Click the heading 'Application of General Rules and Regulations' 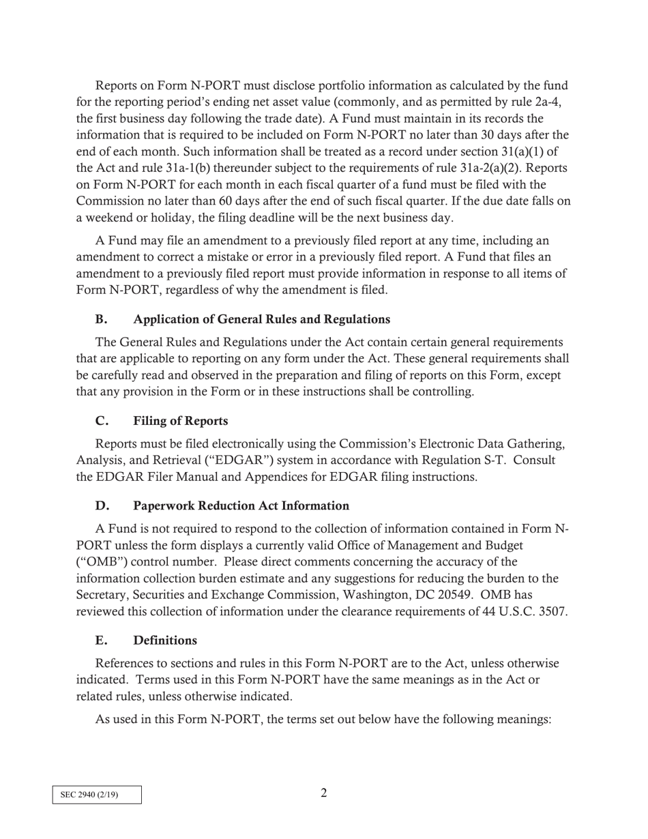pos(261,319)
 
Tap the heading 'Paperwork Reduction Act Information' pos(241,505)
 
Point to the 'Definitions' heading pos(165,641)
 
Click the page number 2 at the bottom pos(323,793)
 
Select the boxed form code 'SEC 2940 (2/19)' pos(97,795)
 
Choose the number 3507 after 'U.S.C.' pos(553,611)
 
